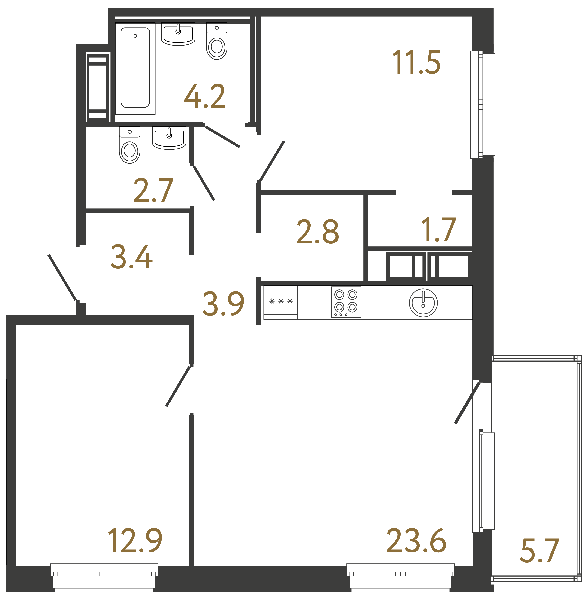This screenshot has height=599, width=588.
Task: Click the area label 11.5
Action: coord(416,62)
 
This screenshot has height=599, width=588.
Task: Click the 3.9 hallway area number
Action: coord(223,304)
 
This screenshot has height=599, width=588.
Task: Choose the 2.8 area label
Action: coord(317,232)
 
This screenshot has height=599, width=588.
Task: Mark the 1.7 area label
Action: coord(438,230)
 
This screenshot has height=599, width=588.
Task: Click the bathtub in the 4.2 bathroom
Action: coord(135,68)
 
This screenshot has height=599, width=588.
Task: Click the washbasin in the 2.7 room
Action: coord(169,138)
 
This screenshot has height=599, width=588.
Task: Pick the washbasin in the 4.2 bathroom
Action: coord(178,34)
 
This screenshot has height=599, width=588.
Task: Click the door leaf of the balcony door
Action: coord(467,403)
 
